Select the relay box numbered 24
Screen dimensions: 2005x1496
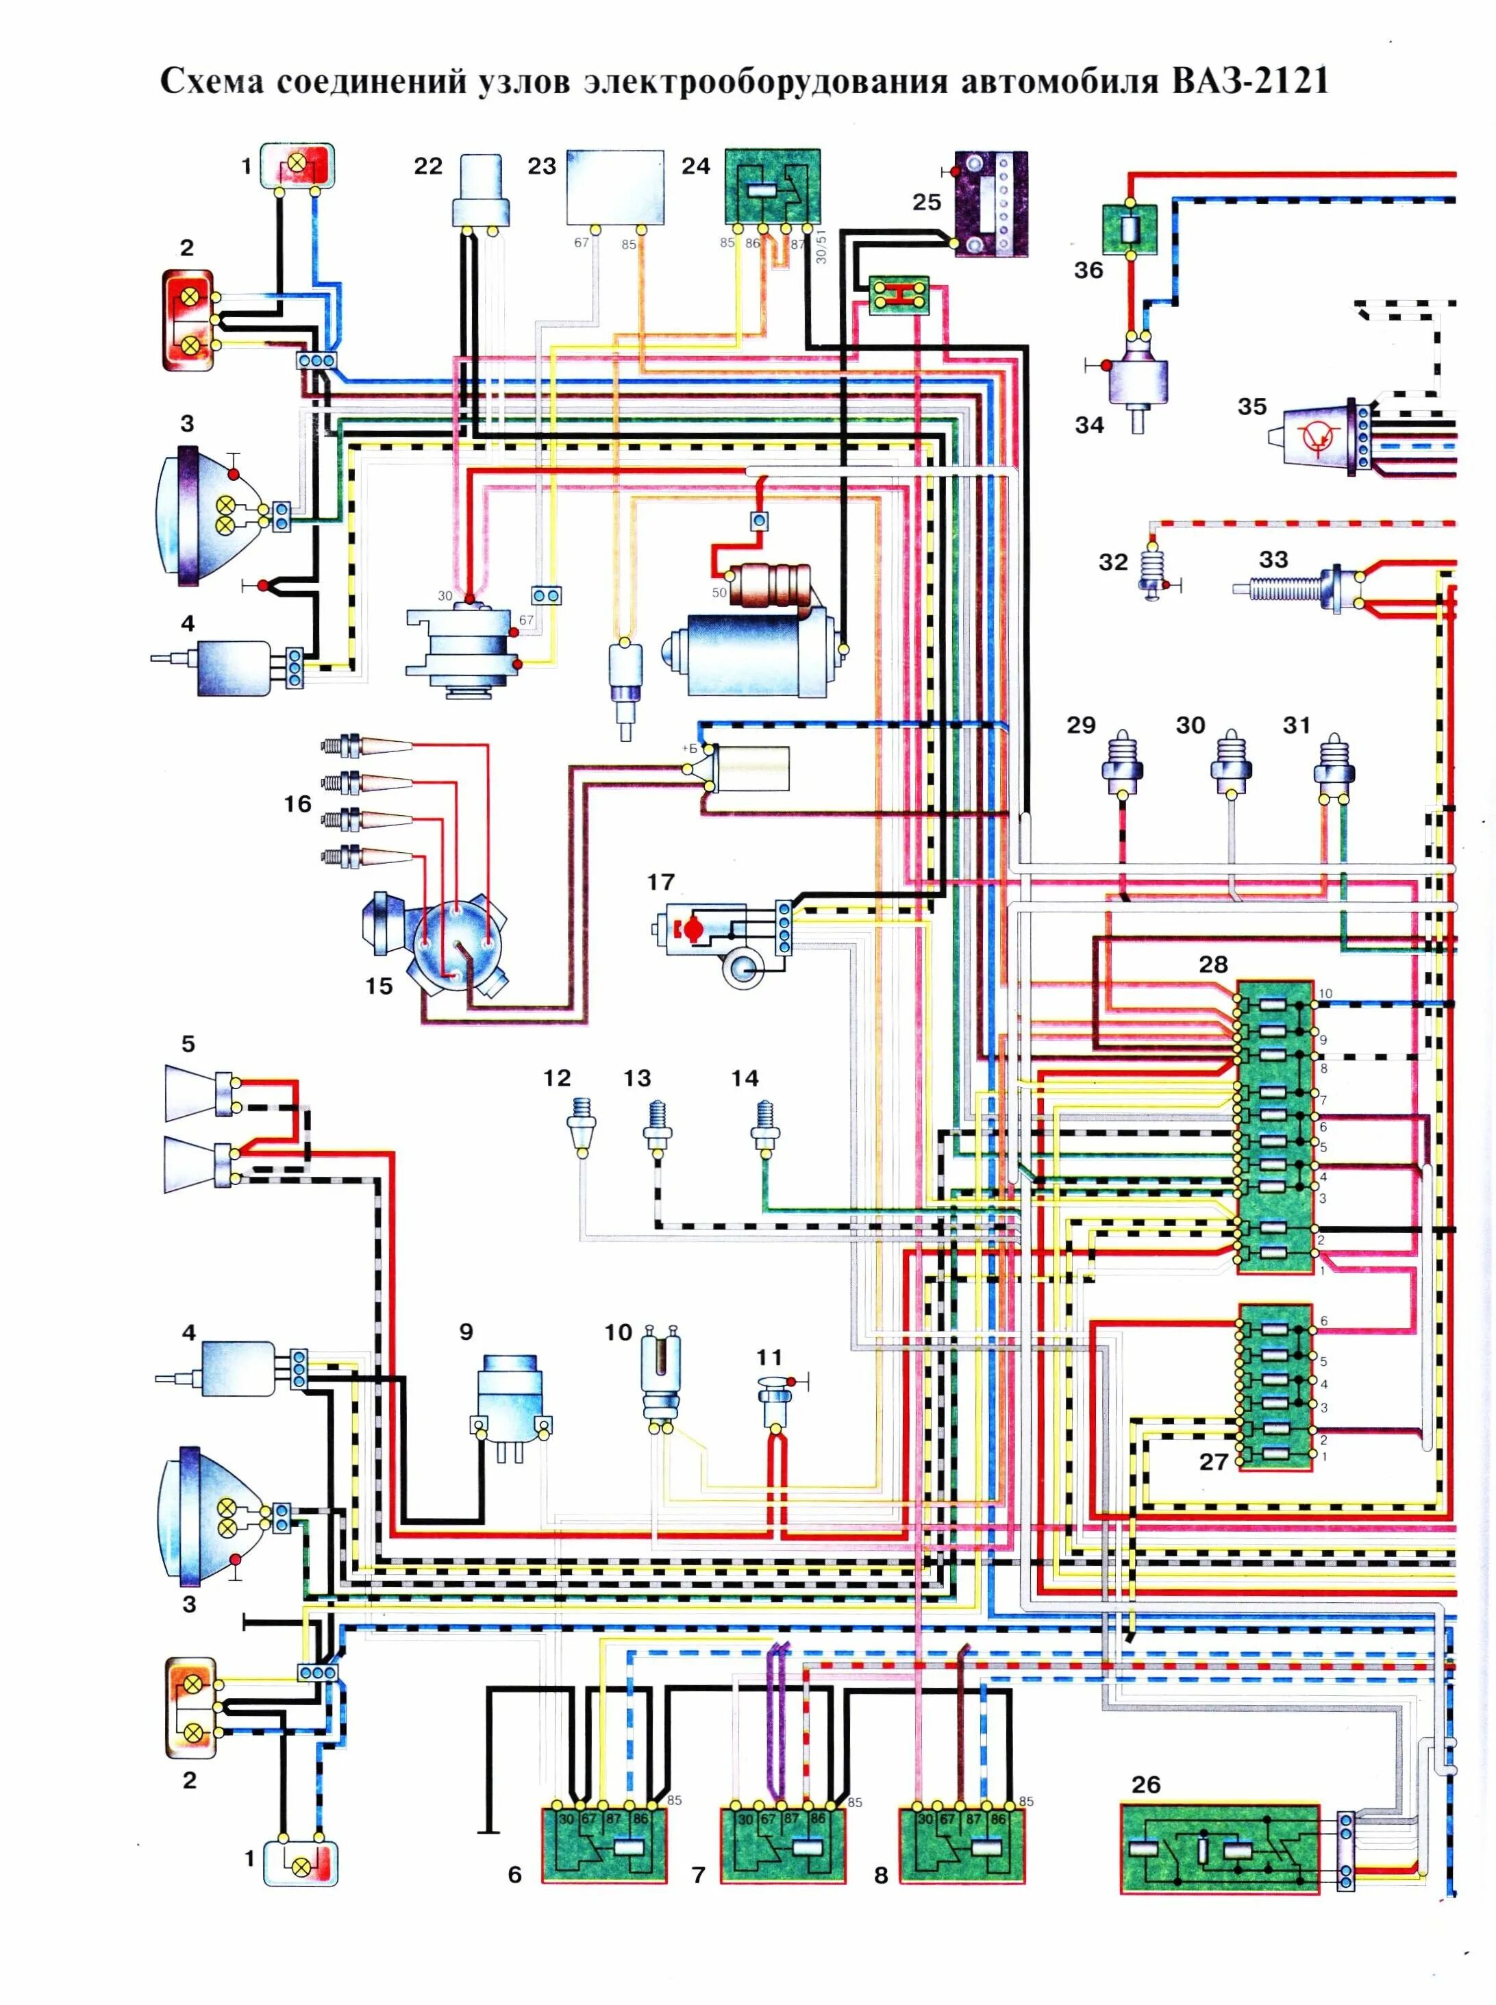773,186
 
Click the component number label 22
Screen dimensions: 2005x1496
428,166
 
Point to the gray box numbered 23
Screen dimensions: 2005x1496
615,188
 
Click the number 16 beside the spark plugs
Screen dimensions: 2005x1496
297,804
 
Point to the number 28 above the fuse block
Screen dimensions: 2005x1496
1214,964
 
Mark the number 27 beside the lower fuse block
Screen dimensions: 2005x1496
1214,1462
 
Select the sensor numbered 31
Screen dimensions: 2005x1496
1333,763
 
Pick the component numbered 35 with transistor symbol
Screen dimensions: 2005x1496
1322,436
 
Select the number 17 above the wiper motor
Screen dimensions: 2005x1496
661,882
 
